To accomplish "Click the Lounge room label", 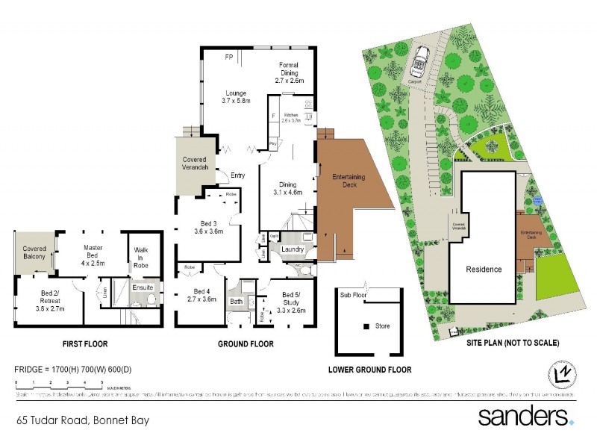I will pos(234,95).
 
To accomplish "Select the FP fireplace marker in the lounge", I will pos(229,56).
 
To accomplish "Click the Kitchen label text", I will pos(290,116).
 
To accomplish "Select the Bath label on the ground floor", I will pos(237,302).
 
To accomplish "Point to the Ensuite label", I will pos(143,287).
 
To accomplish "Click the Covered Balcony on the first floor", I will pos(34,252).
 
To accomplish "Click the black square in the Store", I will pos(366,326).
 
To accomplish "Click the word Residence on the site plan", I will pos(484,270).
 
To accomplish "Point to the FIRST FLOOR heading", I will pos(84,344).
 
